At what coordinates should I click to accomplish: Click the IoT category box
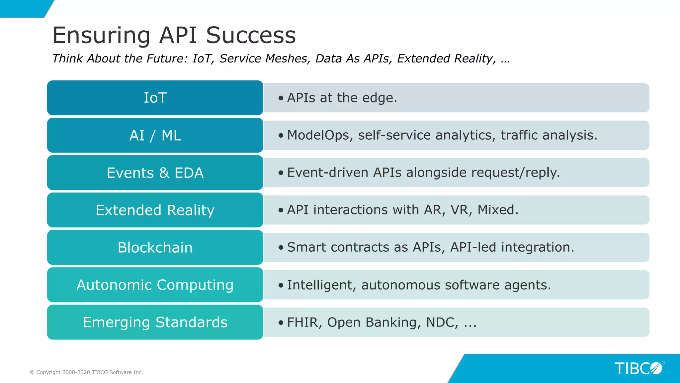pos(155,98)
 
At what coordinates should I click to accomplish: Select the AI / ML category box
pos(155,135)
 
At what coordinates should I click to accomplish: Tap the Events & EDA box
pos(155,173)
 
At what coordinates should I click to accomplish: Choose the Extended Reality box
pos(155,210)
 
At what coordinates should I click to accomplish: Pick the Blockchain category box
pos(155,247)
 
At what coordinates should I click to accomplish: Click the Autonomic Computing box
pos(155,285)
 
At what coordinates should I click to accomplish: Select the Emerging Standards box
pos(155,322)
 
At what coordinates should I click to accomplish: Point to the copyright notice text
pos(86,372)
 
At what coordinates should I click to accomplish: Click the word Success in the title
pos(251,35)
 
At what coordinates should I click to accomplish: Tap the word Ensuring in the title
pos(101,35)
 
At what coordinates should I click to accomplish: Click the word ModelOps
pos(319,135)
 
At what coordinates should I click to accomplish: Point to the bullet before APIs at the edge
pos(281,98)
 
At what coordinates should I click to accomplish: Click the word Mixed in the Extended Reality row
pos(497,210)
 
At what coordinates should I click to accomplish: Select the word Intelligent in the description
pos(321,285)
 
